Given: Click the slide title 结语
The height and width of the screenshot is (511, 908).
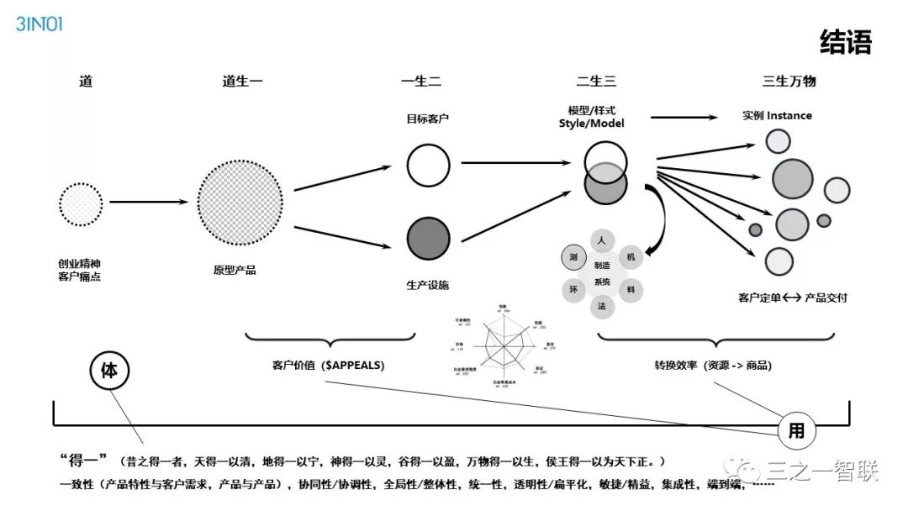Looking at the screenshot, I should [x=846, y=42].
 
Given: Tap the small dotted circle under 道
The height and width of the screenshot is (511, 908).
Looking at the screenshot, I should [x=81, y=203].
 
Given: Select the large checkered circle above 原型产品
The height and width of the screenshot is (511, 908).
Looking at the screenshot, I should [x=240, y=203].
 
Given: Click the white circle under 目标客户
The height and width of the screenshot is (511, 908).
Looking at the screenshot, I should [x=428, y=165].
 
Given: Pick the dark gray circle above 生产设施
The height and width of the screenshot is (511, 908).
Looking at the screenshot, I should [x=428, y=238].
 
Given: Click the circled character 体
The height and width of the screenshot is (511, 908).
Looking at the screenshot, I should [x=109, y=371].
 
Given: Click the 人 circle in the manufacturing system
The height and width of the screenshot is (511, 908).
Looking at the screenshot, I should [x=602, y=240].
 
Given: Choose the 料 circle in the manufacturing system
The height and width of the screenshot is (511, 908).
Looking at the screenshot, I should [x=631, y=290].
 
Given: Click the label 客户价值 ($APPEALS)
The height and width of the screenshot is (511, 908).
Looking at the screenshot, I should [x=323, y=366].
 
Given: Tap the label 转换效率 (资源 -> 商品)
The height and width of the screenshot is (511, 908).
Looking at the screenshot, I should [x=713, y=366].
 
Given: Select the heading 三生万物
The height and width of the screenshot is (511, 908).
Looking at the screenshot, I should [x=789, y=82].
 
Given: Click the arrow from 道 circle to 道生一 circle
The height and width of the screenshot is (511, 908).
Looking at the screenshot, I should [x=148, y=203].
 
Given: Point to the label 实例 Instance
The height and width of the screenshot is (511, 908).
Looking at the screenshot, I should [x=777, y=115].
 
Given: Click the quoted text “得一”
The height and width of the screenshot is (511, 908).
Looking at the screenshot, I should [x=84, y=461].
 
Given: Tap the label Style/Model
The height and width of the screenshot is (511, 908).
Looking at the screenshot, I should [x=592, y=124].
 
